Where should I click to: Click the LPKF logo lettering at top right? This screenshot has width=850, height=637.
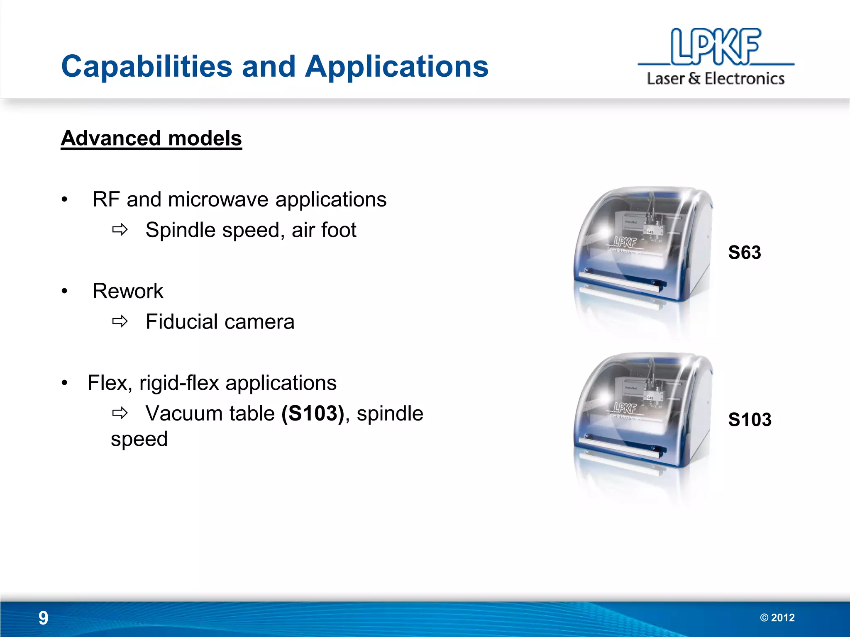pos(716,46)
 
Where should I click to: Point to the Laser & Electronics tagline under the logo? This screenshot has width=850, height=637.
pos(716,78)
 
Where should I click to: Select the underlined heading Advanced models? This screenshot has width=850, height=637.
pos(151,139)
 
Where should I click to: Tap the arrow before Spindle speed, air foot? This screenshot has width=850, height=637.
pos(120,229)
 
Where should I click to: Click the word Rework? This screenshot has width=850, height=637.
pos(128,291)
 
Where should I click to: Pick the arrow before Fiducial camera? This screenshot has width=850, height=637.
pos(120,321)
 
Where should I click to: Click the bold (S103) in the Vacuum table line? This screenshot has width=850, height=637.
pos(313,413)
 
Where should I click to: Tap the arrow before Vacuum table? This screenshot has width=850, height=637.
pos(120,413)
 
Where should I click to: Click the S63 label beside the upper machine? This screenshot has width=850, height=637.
pos(745,253)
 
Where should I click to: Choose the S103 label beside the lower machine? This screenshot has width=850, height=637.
pos(750,420)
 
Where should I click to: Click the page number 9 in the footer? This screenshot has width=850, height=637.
pos(43,618)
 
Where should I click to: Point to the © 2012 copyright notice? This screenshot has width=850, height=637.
pos(777,618)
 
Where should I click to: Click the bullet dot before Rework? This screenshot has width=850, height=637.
pos(64,291)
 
